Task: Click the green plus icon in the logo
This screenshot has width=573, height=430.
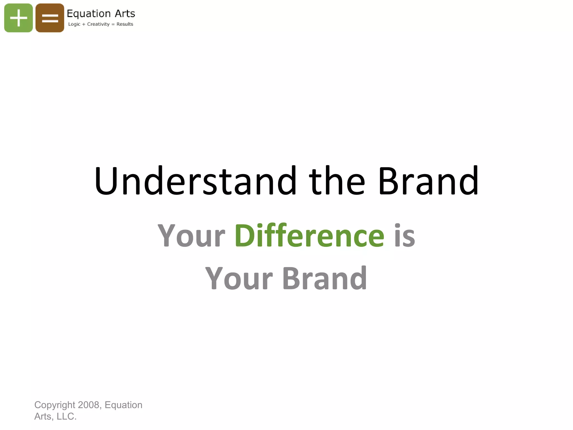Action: [x=18, y=18]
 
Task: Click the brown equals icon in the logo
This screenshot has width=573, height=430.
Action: [x=50, y=18]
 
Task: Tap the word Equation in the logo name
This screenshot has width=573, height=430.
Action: [x=89, y=14]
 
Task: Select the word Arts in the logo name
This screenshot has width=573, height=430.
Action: [x=125, y=13]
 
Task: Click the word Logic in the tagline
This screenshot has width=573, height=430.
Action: [x=74, y=24]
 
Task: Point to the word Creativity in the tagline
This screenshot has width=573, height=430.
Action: [x=98, y=24]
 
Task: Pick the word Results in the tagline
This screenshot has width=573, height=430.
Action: [x=125, y=24]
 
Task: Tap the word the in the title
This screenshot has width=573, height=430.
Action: [x=337, y=181]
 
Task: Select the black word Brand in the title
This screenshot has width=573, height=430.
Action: [x=428, y=181]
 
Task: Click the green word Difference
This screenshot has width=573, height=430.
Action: [x=309, y=235]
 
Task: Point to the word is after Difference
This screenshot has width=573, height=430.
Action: [x=404, y=235]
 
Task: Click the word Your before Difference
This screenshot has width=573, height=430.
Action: [x=191, y=235]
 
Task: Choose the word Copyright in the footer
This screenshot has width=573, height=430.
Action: [x=55, y=405]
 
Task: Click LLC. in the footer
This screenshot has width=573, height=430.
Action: [x=66, y=416]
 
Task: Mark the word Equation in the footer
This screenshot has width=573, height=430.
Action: [x=123, y=405]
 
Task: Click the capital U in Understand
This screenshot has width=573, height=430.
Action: [x=106, y=181]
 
